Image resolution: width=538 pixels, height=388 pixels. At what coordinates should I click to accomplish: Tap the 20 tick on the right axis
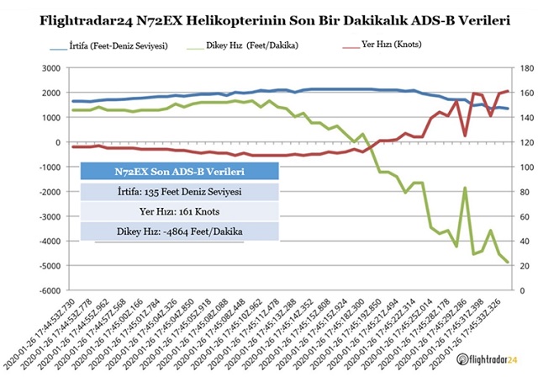coord(522,267)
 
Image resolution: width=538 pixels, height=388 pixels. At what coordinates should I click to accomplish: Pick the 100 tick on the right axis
coord(525,167)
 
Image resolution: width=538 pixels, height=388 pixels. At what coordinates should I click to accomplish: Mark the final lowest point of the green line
coord(507,263)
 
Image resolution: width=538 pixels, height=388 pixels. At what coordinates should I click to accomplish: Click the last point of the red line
coord(507,91)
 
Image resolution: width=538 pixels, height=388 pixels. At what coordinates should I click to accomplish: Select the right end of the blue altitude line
coord(507,109)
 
